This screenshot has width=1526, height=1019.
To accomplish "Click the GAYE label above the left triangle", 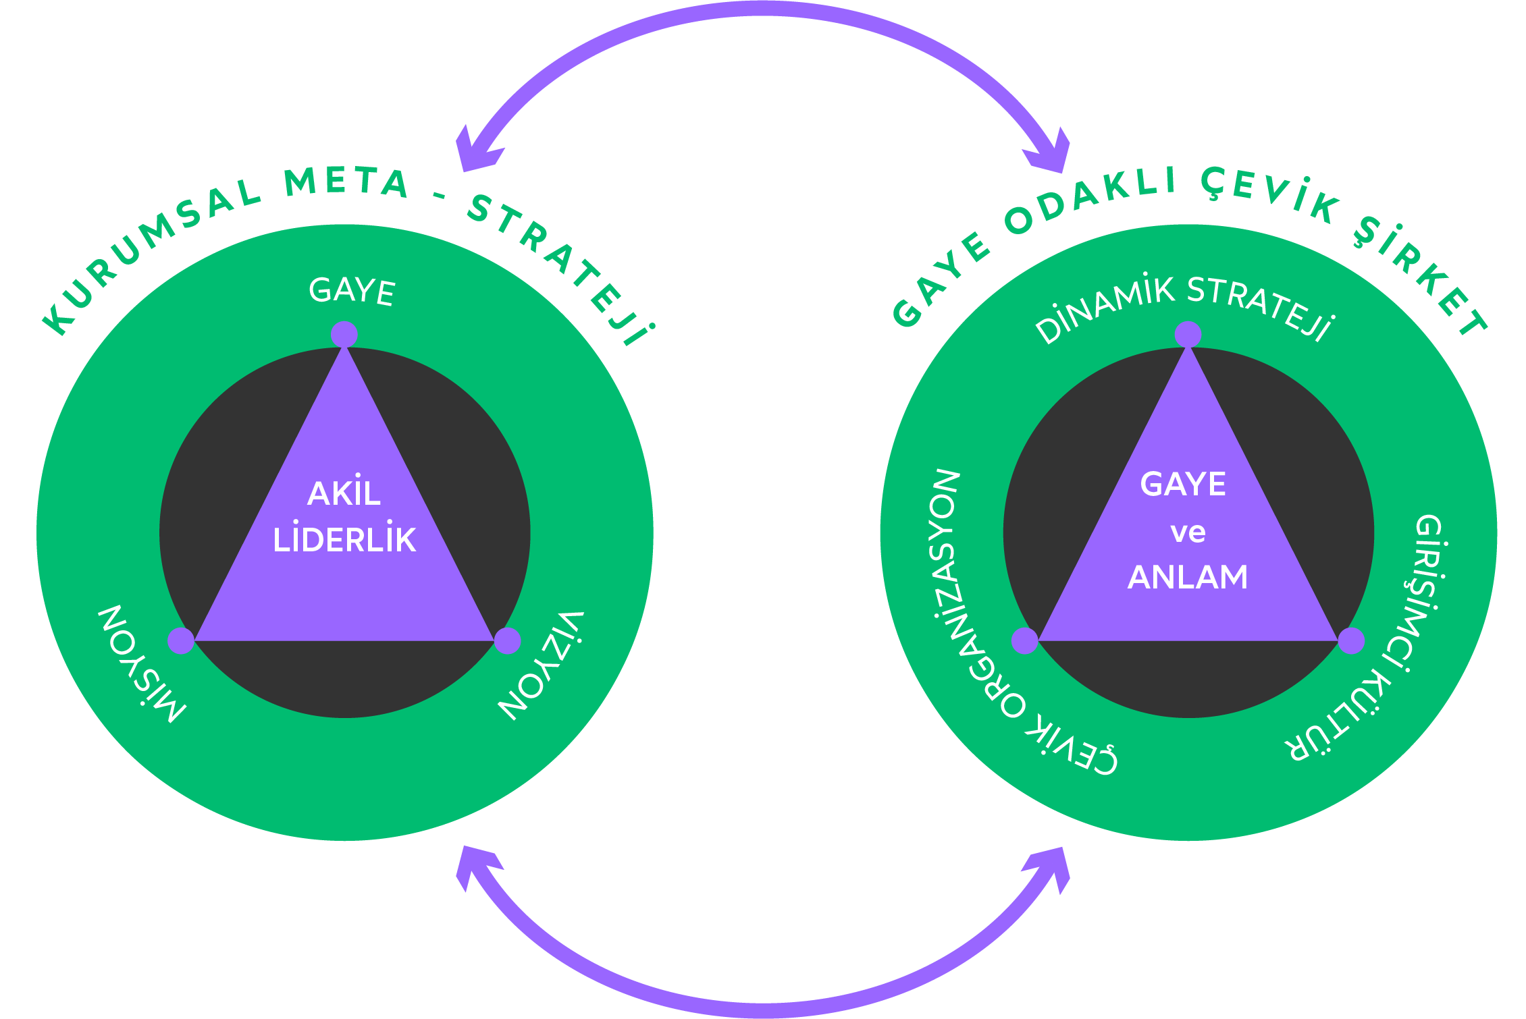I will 352,292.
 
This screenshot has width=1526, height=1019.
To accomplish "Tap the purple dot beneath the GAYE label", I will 344,335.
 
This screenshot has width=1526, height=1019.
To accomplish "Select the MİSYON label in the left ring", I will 142,664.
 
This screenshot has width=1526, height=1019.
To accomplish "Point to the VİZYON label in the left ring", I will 541,665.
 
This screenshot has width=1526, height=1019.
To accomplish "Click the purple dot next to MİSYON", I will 181,640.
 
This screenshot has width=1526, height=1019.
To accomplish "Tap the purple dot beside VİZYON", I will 508,640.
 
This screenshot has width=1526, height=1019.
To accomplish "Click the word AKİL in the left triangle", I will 344,493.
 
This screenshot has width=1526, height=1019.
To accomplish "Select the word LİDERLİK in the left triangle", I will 344,541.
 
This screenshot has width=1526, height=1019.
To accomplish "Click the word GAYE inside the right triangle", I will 1183,485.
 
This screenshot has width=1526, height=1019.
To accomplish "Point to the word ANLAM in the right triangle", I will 1188,578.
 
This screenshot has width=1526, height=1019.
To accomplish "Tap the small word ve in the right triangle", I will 1188,532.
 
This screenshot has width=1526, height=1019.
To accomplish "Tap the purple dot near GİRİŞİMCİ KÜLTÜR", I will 1351,640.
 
